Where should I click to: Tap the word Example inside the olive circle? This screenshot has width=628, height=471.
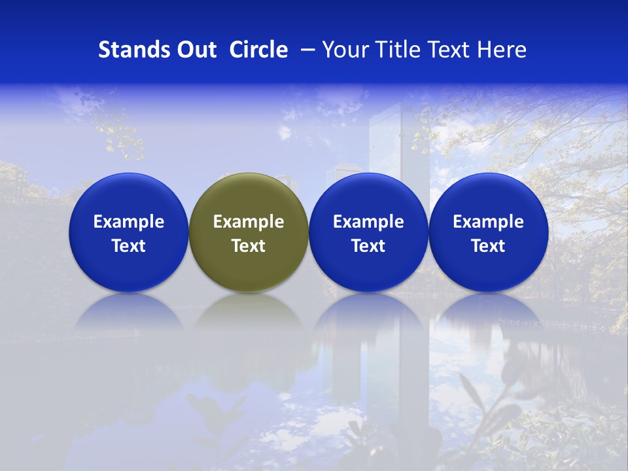click(x=249, y=222)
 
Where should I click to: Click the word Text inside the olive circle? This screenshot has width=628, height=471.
click(x=249, y=246)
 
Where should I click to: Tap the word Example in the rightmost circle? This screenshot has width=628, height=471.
click(x=489, y=222)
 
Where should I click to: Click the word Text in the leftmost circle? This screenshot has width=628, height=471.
click(x=129, y=246)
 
